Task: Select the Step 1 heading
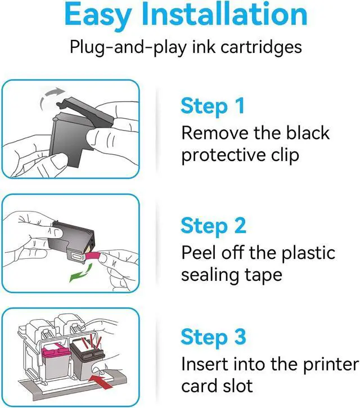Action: (213, 106)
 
